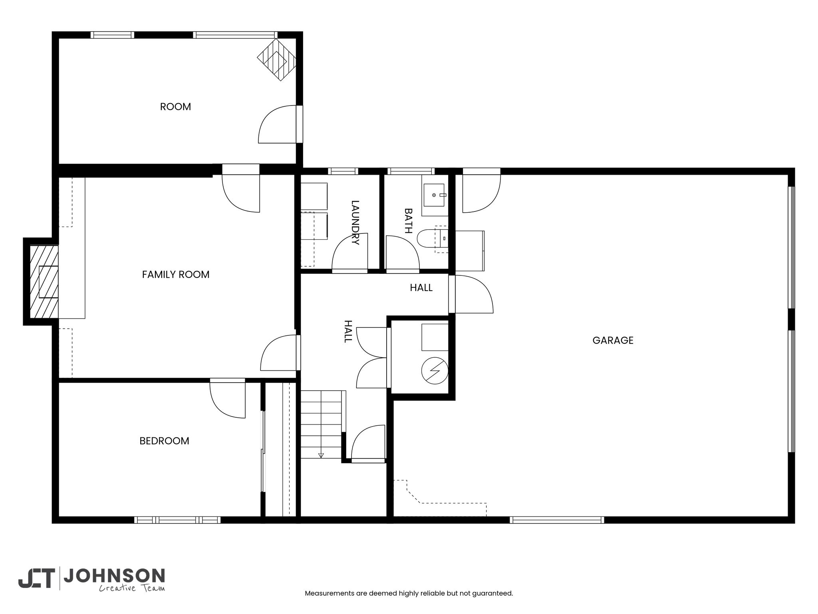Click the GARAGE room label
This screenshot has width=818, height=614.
(x=613, y=340)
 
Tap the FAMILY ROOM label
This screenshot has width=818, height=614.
(x=176, y=275)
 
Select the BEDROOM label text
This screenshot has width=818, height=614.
(x=164, y=441)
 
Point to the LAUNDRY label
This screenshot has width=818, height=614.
(x=355, y=222)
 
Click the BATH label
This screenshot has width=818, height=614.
(x=408, y=220)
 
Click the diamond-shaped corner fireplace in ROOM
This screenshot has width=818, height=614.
(x=276, y=60)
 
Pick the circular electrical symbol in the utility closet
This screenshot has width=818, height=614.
(x=435, y=371)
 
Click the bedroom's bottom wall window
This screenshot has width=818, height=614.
(x=177, y=520)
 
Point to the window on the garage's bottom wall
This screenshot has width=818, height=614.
(x=557, y=520)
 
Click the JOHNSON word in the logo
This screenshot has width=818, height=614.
(x=114, y=576)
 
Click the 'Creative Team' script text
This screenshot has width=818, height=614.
(x=132, y=588)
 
